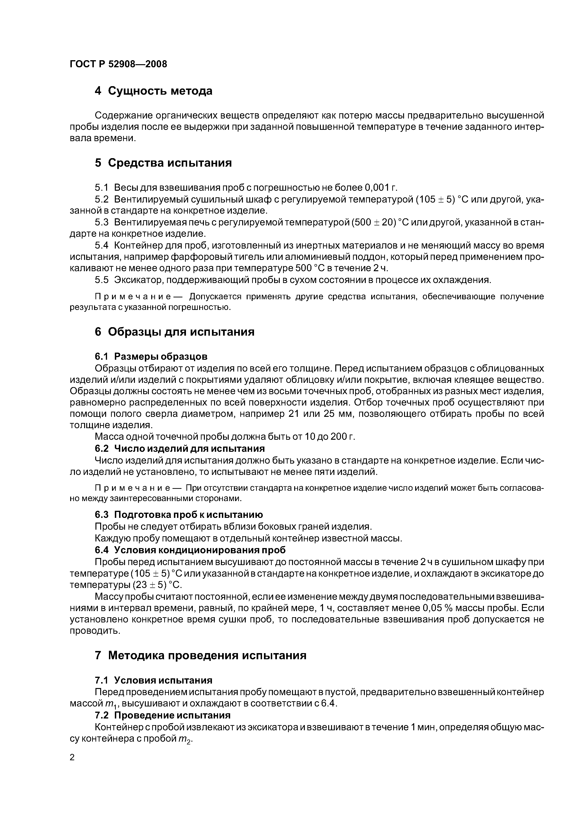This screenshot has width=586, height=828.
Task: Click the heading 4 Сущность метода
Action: tap(153, 91)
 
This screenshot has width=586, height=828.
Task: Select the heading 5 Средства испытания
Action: tap(163, 163)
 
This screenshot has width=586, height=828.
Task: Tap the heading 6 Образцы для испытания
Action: tap(174, 332)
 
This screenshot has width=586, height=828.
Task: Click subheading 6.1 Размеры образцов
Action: tap(151, 357)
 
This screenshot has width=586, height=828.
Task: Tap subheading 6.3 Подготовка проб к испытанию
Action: tap(179, 515)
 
